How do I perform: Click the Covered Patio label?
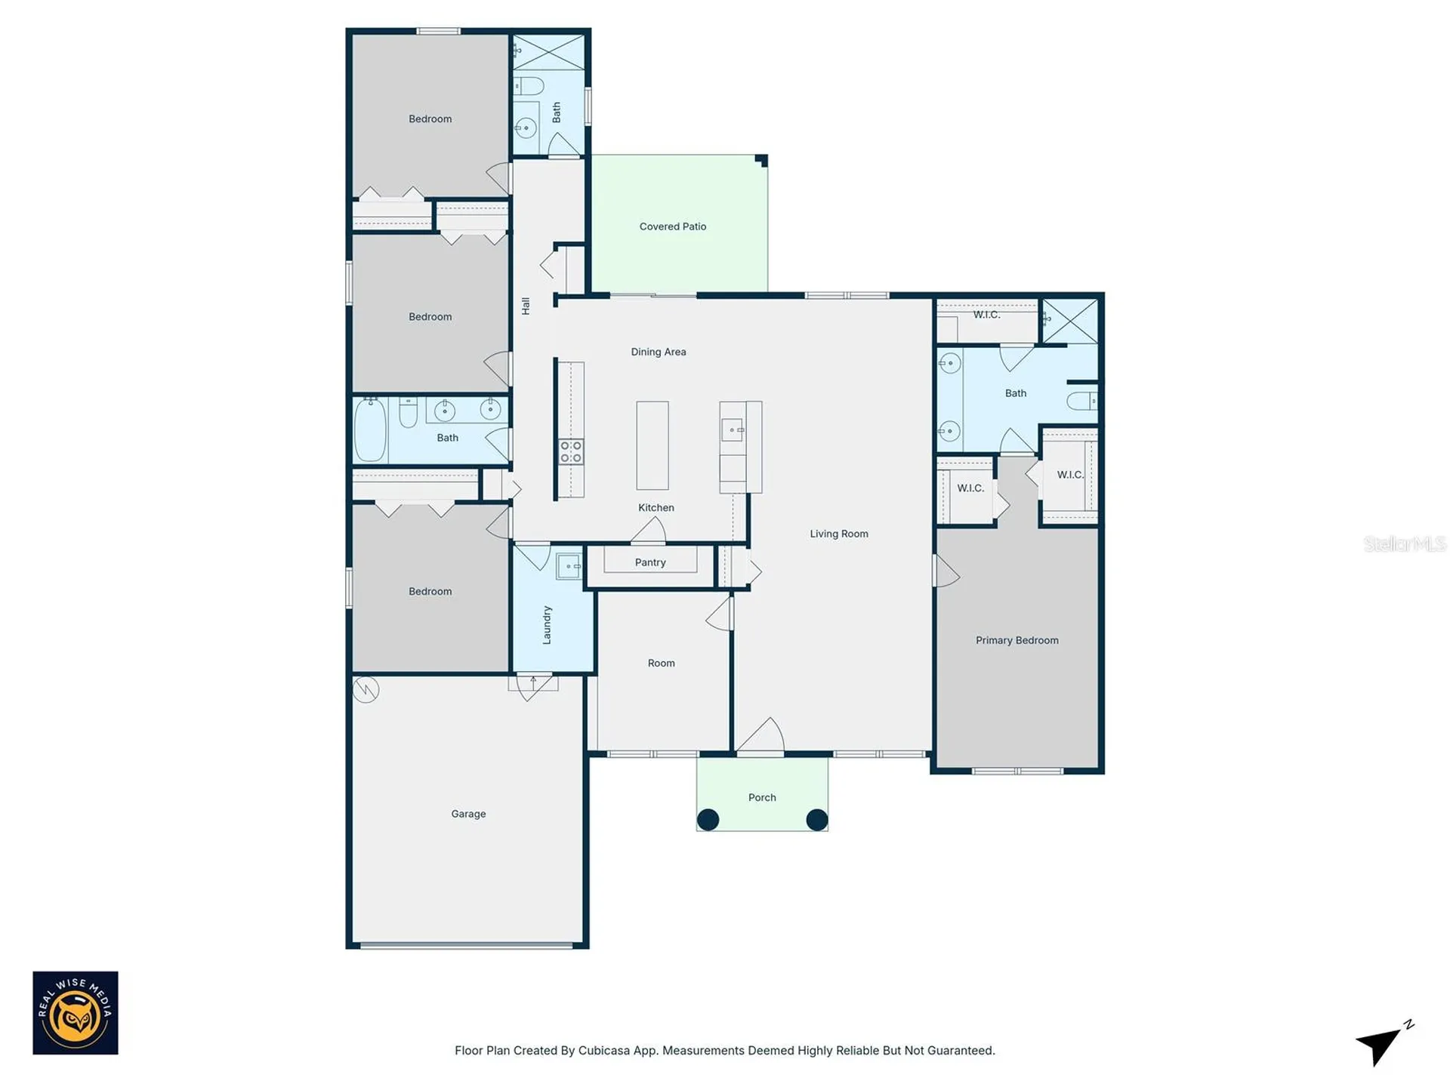(672, 226)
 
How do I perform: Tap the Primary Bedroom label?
(1017, 640)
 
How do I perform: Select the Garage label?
(468, 814)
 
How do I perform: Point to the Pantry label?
(650, 562)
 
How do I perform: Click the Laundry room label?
(547, 625)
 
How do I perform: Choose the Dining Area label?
(659, 352)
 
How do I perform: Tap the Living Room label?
(839, 534)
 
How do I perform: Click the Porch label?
(762, 797)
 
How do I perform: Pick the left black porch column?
(708, 820)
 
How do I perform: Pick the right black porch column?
(817, 820)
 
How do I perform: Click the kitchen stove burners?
(571, 452)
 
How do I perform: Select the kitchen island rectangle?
(652, 445)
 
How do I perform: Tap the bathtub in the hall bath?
(371, 430)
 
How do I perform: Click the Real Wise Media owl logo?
(76, 1013)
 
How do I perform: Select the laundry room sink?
(569, 566)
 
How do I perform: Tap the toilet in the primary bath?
(1082, 400)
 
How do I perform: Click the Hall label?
(526, 306)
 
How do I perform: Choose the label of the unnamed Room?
(661, 664)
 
